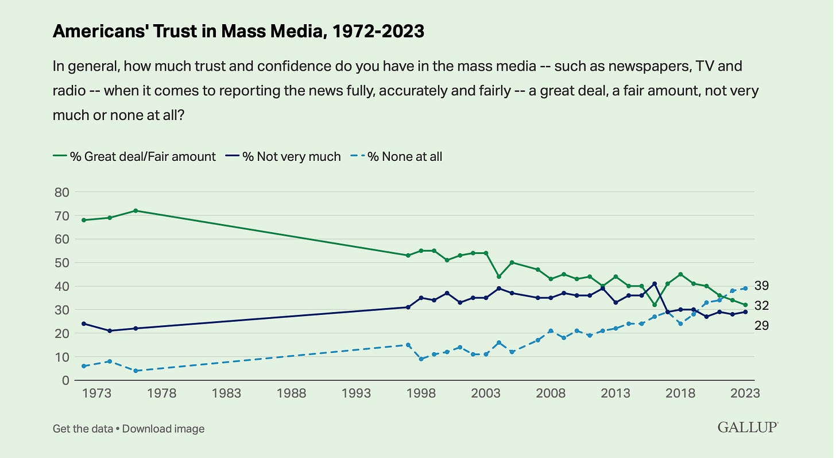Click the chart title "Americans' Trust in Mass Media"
[238, 32]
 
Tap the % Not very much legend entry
[291, 156]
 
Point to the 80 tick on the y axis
[61, 192]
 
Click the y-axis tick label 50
[61, 263]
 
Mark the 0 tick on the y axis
[64, 380]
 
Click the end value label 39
[762, 286]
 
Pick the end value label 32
[762, 306]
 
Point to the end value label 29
[762, 326]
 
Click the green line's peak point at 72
[136, 210]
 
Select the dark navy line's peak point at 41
[655, 283]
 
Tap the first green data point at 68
[84, 220]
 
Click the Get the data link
[84, 429]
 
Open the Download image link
[163, 429]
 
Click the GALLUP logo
[748, 427]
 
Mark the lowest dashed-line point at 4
[136, 371]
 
